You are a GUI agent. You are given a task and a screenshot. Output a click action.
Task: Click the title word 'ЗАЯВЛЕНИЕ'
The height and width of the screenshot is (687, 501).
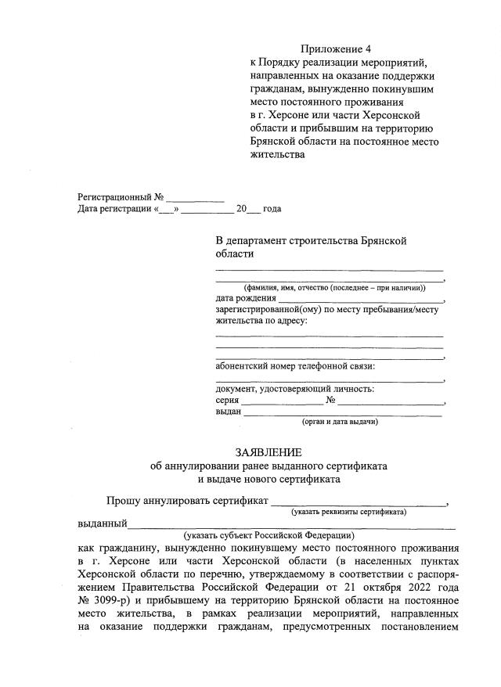tap(269, 452)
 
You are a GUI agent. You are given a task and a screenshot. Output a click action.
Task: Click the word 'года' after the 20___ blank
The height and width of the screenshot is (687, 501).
tap(272, 210)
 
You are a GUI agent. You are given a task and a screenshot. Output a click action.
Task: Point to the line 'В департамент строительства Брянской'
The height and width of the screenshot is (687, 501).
tap(311, 241)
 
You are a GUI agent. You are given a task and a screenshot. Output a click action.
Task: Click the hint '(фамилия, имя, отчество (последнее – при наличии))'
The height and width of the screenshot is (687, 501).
tap(329, 288)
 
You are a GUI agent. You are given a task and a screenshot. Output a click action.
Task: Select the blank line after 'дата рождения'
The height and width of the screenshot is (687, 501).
tap(360, 300)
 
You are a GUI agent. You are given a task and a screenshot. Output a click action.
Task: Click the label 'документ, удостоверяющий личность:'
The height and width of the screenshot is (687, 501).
tap(294, 389)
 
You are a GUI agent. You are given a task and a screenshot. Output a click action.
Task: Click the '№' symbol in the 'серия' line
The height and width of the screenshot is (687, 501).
tap(331, 401)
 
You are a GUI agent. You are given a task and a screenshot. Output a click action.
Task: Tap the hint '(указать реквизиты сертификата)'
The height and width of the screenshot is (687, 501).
tap(348, 512)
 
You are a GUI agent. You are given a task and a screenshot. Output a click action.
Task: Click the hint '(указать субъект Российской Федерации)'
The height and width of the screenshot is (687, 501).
tap(269, 535)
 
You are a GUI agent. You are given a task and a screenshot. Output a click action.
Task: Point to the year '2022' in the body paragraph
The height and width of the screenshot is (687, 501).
tap(413, 586)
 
